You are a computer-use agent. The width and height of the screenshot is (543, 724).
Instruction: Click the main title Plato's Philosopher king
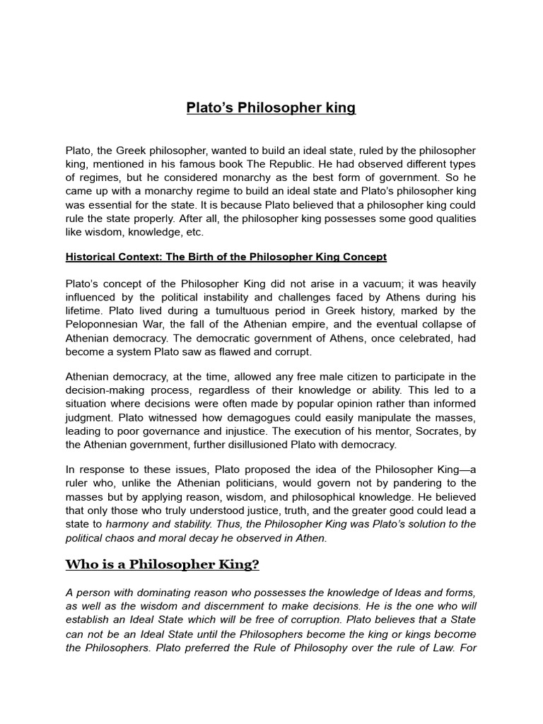click(271, 108)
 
